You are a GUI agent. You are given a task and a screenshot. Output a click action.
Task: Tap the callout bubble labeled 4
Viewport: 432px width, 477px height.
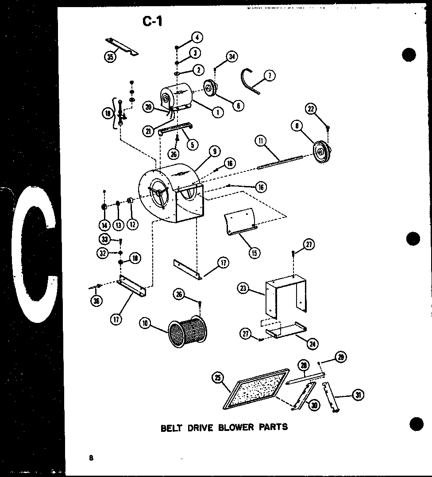click(197, 37)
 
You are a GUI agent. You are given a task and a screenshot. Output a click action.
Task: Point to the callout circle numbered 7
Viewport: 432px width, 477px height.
click(269, 76)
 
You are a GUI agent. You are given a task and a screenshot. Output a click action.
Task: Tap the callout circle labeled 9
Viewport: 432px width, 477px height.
click(214, 151)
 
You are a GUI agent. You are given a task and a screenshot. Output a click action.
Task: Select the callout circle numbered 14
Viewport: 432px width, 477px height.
click(104, 225)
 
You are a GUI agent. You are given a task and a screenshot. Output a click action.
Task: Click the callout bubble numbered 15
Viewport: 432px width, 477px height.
click(254, 253)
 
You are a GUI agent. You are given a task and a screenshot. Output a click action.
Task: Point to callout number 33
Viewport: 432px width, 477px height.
click(104, 239)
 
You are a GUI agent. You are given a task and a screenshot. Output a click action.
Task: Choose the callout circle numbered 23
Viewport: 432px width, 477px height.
click(243, 289)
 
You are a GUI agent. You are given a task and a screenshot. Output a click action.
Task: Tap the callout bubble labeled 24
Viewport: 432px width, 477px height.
click(315, 342)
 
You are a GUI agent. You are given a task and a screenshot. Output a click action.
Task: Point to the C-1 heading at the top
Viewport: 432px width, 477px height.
click(152, 21)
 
